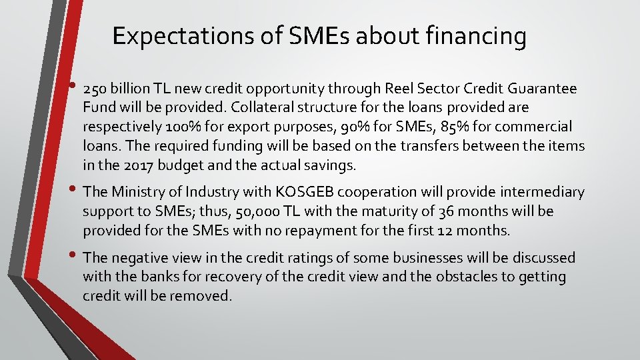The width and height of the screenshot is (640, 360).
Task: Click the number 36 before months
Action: (446, 212)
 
